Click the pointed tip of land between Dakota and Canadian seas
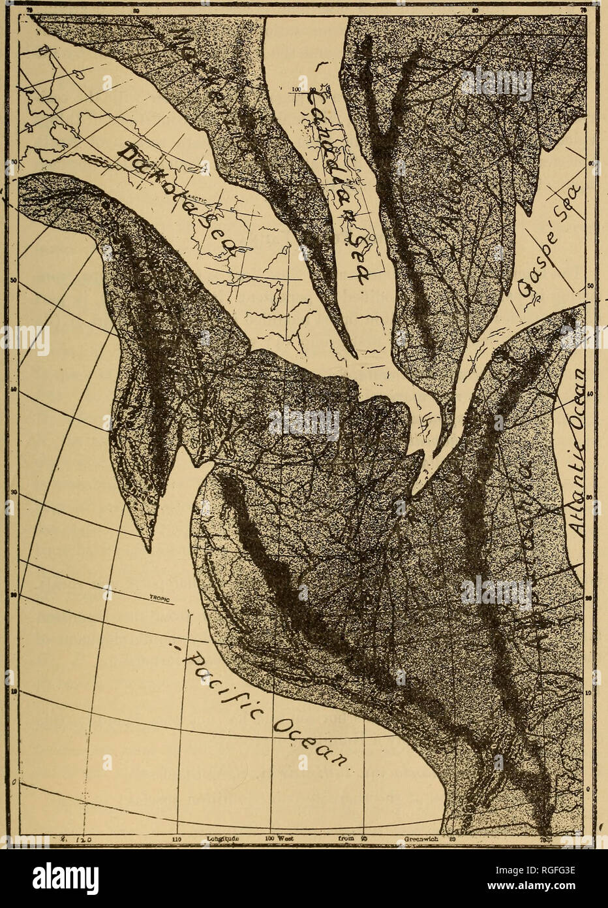[356, 356]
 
